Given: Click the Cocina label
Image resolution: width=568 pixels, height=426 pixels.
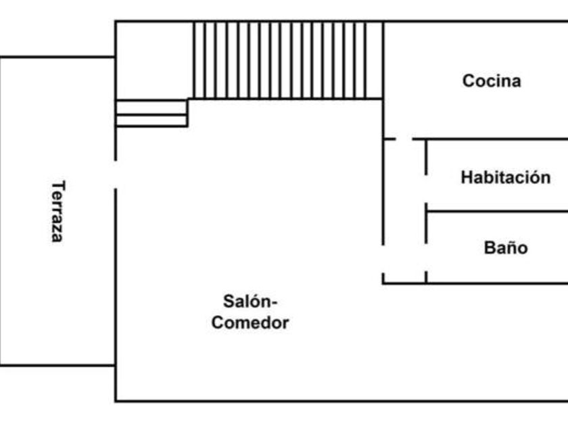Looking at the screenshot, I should tap(492, 81).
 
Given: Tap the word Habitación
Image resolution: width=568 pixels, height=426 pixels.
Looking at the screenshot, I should tap(505, 178).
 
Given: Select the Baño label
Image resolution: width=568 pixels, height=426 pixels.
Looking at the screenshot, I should tap(505, 247).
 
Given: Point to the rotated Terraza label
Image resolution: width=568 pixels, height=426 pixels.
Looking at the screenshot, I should tap(58, 211).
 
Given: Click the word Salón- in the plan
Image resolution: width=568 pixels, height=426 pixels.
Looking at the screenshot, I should tap(250, 300).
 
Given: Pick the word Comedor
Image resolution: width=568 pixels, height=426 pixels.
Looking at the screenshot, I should tap(250, 323).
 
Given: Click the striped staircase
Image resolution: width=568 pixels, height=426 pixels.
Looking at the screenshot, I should tap(287, 60).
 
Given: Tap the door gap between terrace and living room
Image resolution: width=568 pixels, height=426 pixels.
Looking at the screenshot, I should tap(116, 174).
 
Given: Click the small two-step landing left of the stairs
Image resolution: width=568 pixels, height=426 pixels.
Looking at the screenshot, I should tap(151, 113).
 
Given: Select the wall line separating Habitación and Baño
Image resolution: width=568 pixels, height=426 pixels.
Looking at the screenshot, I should tap(497, 212).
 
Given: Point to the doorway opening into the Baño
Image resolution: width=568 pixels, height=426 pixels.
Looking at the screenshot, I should tap(426, 257).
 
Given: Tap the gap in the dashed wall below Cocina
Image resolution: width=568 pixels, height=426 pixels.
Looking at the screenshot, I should tap(404, 139).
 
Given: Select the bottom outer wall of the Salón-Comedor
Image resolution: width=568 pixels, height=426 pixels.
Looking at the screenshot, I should tap(338, 401).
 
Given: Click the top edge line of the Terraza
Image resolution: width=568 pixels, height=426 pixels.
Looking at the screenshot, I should tap(57, 57).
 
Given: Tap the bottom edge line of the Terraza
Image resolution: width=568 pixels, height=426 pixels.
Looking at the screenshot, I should tap(57, 365).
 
